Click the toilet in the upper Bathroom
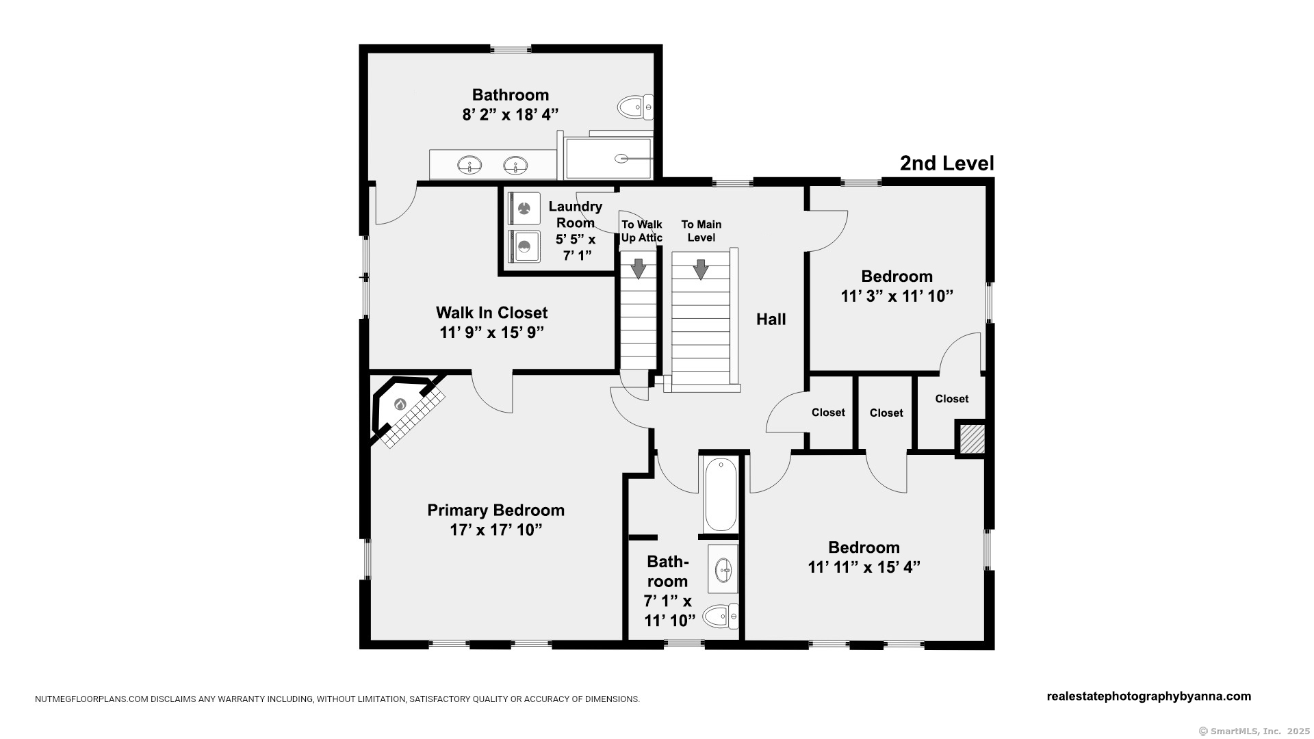(636, 107)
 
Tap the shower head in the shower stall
(621, 159)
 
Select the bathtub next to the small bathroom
(720, 494)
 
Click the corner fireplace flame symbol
(400, 404)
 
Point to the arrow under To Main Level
(701, 269)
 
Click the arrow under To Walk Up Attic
(639, 269)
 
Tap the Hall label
(771, 319)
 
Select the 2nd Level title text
(946, 164)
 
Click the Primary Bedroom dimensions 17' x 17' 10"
(496, 530)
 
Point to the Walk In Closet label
(492, 313)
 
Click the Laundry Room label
(576, 214)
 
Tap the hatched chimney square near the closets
(970, 439)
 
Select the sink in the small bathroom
(723, 569)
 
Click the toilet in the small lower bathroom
(721, 617)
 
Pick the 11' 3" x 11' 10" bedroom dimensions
(897, 296)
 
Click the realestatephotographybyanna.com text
(1149, 697)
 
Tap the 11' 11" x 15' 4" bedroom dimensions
(864, 567)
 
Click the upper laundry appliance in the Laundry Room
(524, 209)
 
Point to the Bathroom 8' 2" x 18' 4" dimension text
(511, 114)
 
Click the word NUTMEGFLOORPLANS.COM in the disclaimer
(92, 699)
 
